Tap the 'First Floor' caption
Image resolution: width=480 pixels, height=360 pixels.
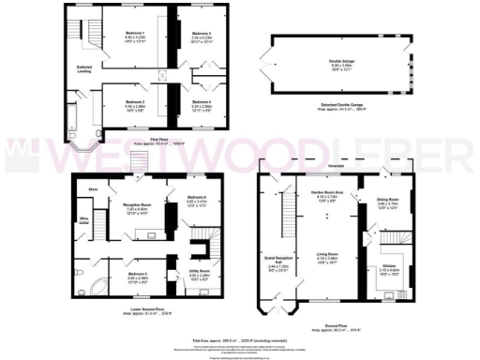[142, 142]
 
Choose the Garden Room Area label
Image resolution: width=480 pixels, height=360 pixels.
[326, 194]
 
